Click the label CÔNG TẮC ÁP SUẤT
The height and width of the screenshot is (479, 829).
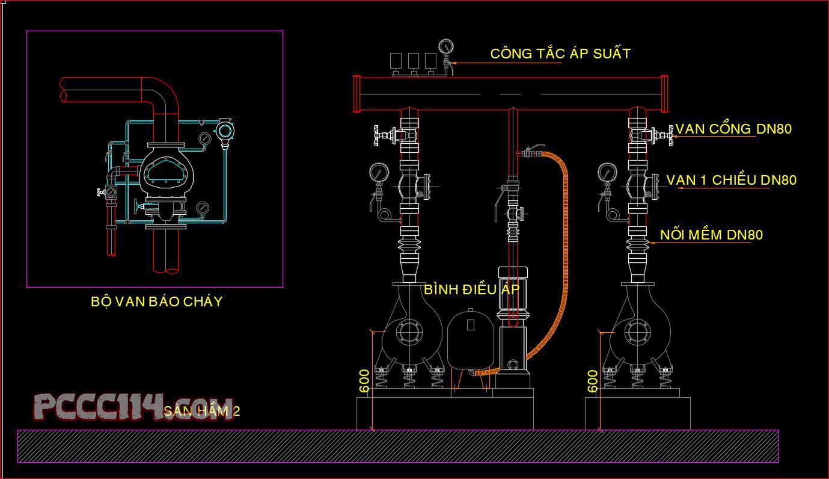click(x=560, y=54)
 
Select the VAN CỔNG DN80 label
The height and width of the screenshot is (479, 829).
click(x=733, y=129)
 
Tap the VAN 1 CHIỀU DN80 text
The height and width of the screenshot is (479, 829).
click(x=731, y=180)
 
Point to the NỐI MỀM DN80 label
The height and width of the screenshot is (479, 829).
click(x=711, y=235)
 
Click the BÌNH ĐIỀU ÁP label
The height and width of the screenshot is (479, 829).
click(x=471, y=289)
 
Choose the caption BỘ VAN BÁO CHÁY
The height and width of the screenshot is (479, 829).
click(x=156, y=301)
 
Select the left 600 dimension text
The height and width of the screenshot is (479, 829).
click(x=364, y=381)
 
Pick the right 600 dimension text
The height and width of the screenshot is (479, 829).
click(x=592, y=381)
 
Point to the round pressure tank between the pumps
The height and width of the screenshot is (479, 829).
click(x=470, y=337)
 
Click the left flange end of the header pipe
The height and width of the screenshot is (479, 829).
click(x=356, y=93)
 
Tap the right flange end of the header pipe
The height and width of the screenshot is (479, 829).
click(x=664, y=93)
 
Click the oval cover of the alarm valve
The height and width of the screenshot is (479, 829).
click(x=167, y=172)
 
